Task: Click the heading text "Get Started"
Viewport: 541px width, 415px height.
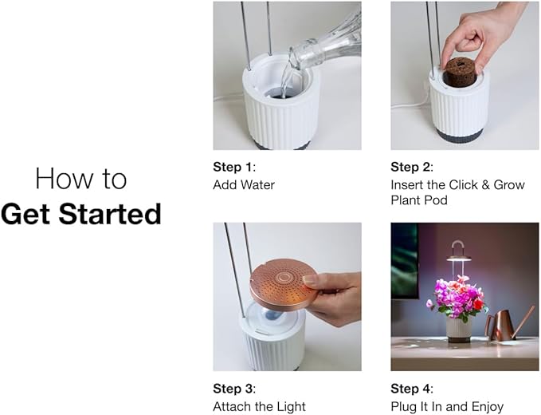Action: tap(80, 214)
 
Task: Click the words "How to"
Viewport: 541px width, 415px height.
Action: tap(80, 179)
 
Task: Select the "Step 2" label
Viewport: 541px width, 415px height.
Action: tap(410, 167)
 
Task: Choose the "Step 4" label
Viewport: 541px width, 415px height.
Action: tap(410, 389)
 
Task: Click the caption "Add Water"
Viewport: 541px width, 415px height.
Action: tap(244, 184)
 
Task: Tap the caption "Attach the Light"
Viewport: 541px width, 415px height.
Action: tap(259, 407)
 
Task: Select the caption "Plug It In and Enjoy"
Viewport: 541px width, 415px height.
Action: tap(447, 407)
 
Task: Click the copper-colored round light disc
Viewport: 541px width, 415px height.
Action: tap(283, 283)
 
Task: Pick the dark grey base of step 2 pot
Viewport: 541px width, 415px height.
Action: tap(459, 136)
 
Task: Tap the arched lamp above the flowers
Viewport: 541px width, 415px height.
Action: tap(457, 251)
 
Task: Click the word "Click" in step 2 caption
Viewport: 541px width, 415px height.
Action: tap(465, 184)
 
